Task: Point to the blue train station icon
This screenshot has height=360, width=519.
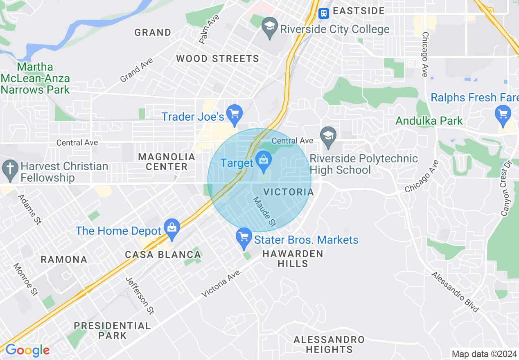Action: click(x=323, y=13)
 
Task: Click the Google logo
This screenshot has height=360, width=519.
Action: click(x=27, y=351)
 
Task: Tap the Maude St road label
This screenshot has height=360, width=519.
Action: click(x=264, y=212)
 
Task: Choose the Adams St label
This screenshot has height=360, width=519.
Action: click(x=29, y=209)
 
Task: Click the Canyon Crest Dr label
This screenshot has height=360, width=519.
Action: click(x=507, y=188)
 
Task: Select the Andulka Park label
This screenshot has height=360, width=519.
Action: click(x=429, y=121)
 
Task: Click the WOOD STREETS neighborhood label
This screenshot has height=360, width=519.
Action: click(x=217, y=59)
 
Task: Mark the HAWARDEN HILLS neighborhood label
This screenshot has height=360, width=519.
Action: click(x=293, y=259)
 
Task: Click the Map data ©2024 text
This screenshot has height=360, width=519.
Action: click(x=485, y=354)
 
